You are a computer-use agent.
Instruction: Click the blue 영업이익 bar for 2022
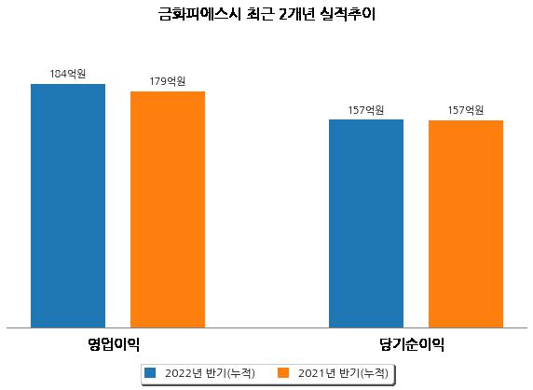[x=68, y=206]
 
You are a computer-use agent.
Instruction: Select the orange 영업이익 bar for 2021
[x=168, y=210]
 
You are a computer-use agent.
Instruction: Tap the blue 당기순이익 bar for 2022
[x=366, y=224]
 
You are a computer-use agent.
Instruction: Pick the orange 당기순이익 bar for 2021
[x=466, y=224]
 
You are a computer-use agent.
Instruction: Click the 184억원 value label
[x=68, y=74]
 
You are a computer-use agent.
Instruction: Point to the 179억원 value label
[x=168, y=81]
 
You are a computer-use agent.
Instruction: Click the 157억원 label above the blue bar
[x=366, y=110]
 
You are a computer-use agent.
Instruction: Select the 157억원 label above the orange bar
[x=466, y=110]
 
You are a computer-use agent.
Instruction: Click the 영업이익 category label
[x=114, y=344]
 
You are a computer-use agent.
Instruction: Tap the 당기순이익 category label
[x=412, y=344]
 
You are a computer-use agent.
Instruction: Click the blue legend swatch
[x=150, y=372]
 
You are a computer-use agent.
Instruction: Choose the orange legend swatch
[x=283, y=372]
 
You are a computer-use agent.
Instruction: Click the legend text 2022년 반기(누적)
[x=210, y=373]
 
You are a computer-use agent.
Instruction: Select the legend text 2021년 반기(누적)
[x=343, y=373]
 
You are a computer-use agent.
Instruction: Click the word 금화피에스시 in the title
[x=199, y=14]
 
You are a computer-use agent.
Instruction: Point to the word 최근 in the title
[x=259, y=14]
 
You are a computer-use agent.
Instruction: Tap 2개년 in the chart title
[x=296, y=14]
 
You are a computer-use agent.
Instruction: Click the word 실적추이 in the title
[x=348, y=14]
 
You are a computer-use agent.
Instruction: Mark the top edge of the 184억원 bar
[x=68, y=84]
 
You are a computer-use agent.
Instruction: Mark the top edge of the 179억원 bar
[x=168, y=91]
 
